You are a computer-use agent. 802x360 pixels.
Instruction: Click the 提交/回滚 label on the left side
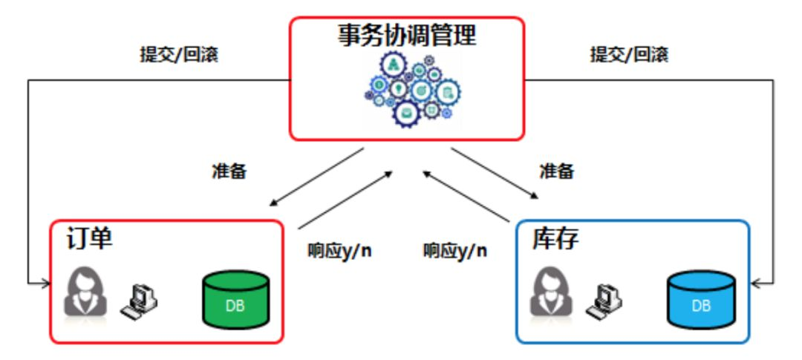click(x=180, y=55)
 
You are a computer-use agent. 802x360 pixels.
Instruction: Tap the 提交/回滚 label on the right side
click(x=629, y=55)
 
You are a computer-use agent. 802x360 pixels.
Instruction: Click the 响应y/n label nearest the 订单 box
click(x=339, y=249)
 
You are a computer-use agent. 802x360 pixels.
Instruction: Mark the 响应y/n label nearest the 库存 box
click(x=455, y=249)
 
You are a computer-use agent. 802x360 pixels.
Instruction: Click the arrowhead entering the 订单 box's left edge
click(x=45, y=283)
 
